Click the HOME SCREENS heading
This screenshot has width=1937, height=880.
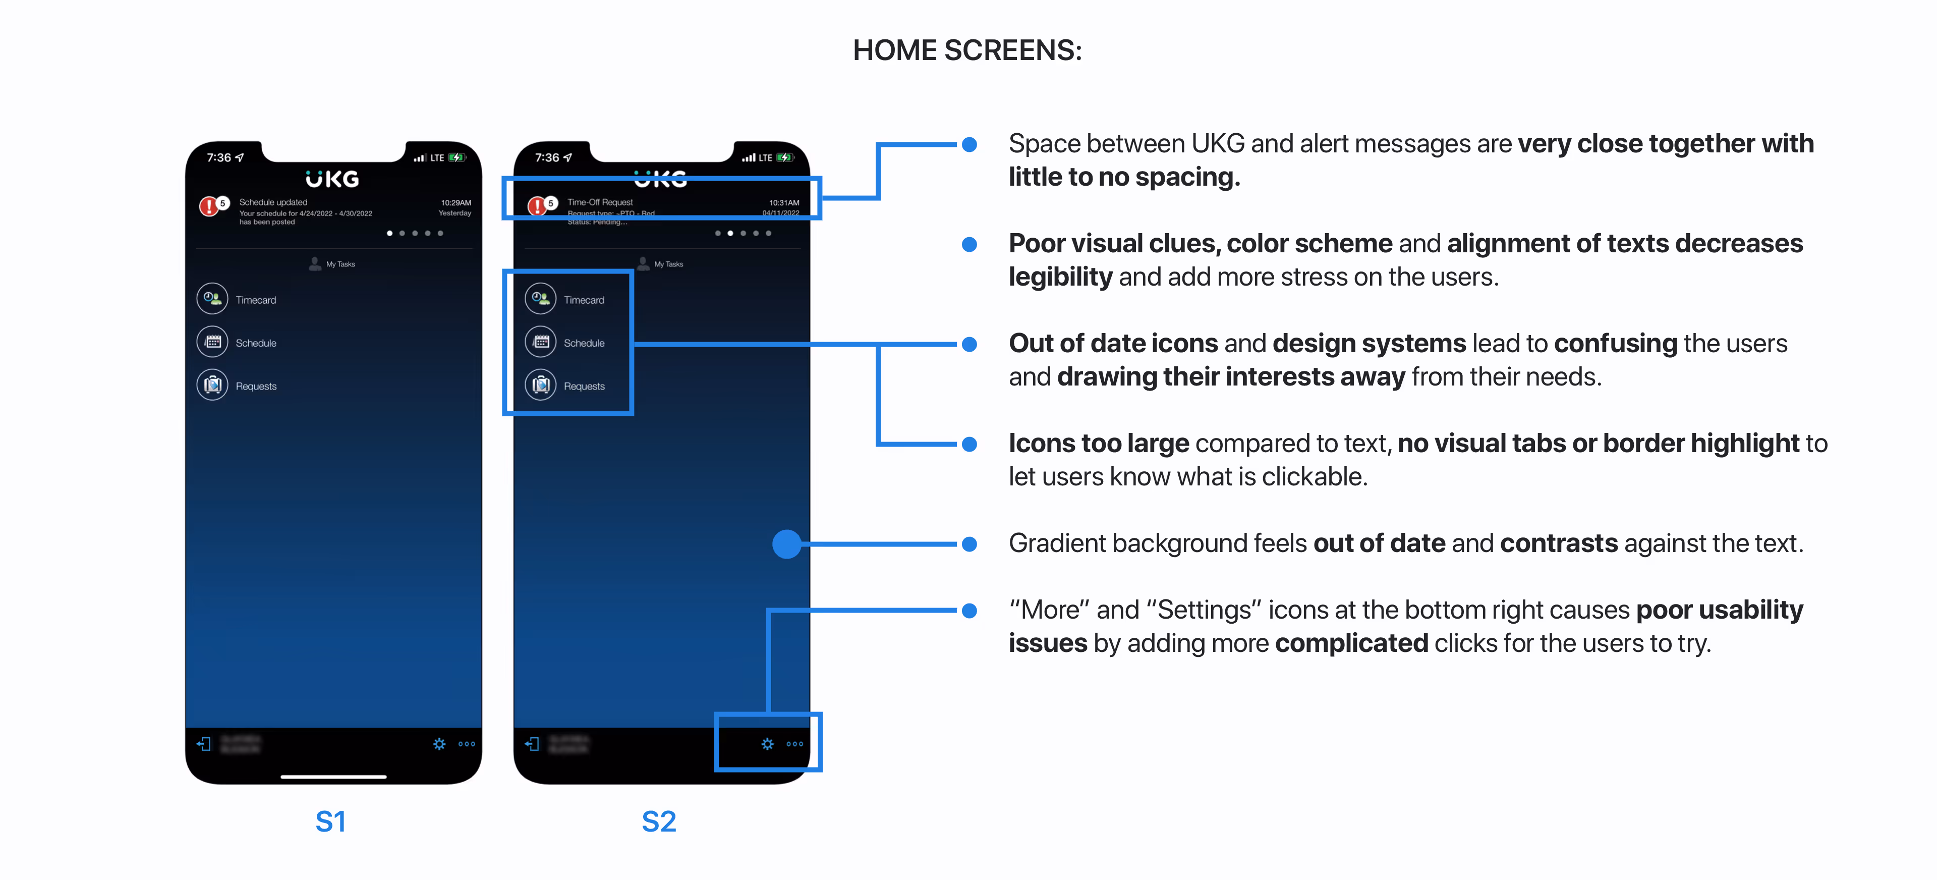[x=967, y=50]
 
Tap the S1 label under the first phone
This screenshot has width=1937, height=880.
[x=330, y=821]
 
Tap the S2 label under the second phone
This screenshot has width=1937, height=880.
[x=659, y=821]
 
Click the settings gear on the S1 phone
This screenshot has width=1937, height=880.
[x=439, y=744]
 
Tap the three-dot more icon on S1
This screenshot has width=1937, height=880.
[x=467, y=744]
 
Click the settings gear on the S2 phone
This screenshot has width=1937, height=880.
[x=767, y=744]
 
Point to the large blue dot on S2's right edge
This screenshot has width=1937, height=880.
[x=786, y=544]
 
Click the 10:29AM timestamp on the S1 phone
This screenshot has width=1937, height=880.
[x=455, y=202]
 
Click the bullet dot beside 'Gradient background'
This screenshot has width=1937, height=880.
[x=970, y=544]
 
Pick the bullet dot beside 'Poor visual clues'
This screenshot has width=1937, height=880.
[x=970, y=244]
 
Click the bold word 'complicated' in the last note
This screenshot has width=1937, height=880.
[x=1351, y=643]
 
